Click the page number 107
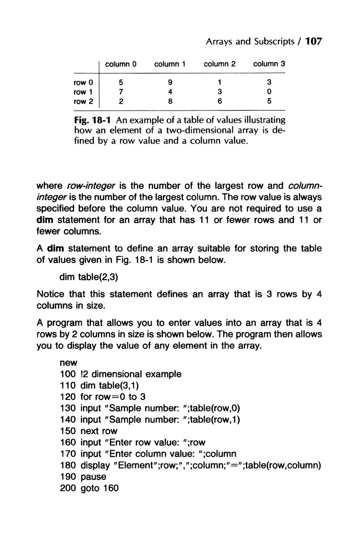pyautogui.click(x=314, y=41)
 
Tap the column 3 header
pyautogui.click(x=269, y=63)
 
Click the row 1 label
pyautogui.click(x=84, y=92)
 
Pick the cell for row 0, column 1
pyautogui.click(x=170, y=82)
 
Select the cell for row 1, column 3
pyautogui.click(x=269, y=92)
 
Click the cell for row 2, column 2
pyautogui.click(x=219, y=101)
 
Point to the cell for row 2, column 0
pyautogui.click(x=121, y=101)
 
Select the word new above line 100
pyautogui.click(x=69, y=363)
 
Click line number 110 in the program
pyautogui.click(x=68, y=386)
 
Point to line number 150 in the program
pyautogui.click(x=68, y=431)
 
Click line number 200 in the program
pyautogui.click(x=68, y=488)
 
